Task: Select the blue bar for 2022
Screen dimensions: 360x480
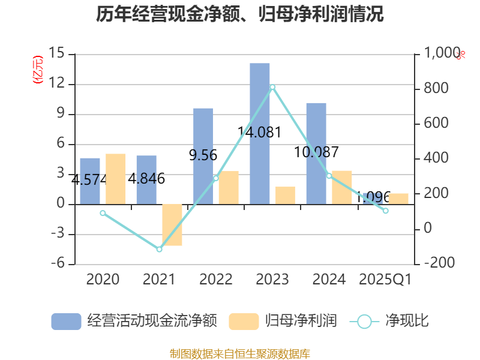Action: (203, 156)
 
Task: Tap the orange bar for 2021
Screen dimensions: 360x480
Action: (172, 225)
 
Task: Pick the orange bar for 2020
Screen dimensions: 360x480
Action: (116, 179)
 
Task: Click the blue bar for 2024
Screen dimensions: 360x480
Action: (316, 153)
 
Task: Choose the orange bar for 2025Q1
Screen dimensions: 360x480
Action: (398, 199)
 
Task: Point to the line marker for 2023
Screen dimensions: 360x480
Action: (272, 88)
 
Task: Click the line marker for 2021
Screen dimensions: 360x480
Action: (160, 249)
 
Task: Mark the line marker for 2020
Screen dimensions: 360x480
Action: (103, 213)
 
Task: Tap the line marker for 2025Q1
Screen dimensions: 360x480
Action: (386, 211)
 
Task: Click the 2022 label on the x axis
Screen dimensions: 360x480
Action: (216, 280)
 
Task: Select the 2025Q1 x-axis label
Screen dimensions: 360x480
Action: (385, 280)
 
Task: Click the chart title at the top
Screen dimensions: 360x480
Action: (240, 14)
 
